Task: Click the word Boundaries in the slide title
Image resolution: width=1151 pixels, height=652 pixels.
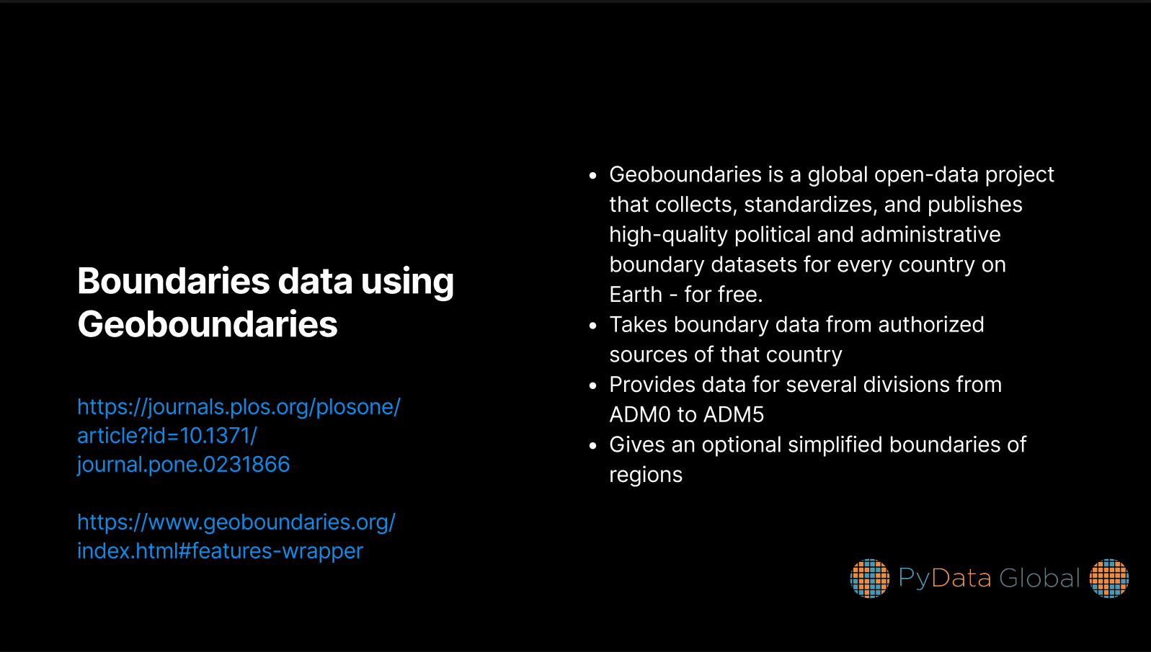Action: (173, 281)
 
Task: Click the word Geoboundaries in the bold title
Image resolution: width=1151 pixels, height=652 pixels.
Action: (208, 324)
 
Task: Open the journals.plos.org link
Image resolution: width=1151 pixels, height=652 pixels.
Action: (239, 436)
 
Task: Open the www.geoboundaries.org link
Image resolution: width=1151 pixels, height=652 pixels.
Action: (236, 537)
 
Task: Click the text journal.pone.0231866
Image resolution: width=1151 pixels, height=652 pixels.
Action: (184, 465)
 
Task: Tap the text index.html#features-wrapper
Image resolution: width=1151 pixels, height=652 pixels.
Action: (220, 551)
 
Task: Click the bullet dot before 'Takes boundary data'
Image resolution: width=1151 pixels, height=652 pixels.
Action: (593, 325)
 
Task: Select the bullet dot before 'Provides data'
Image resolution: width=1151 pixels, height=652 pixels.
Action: (593, 385)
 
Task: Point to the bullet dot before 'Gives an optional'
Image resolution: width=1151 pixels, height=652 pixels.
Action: (593, 445)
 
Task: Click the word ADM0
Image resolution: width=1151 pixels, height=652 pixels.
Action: (639, 415)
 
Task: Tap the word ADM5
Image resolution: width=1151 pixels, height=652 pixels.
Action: (733, 415)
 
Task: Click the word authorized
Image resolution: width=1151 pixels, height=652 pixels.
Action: (931, 325)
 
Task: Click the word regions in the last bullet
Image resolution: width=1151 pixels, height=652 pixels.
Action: (646, 475)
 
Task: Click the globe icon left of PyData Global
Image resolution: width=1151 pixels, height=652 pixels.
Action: (869, 579)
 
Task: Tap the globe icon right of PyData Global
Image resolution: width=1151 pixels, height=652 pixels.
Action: (1109, 579)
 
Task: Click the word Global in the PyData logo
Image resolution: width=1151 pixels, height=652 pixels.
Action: (1039, 579)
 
